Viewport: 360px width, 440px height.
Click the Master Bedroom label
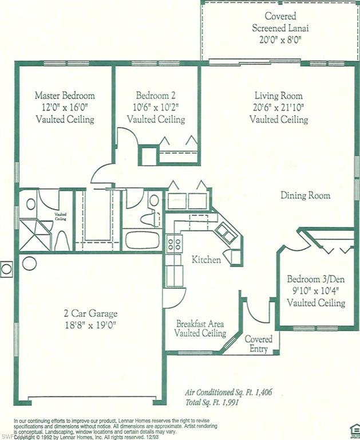click(x=65, y=96)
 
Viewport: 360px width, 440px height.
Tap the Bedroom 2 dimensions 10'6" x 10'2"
click(x=156, y=107)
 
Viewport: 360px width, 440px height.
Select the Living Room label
click(x=279, y=96)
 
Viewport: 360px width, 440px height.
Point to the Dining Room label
click(x=305, y=195)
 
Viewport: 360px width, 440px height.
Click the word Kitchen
click(x=206, y=260)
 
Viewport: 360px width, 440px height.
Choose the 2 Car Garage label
click(x=90, y=313)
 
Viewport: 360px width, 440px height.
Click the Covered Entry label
click(x=259, y=344)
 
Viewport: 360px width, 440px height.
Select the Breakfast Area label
click(x=200, y=323)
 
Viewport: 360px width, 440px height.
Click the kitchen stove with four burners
click(x=173, y=243)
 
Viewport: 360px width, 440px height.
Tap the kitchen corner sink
click(x=224, y=233)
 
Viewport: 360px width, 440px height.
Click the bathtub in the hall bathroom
click(x=142, y=239)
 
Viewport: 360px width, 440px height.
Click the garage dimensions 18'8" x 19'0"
click(x=90, y=325)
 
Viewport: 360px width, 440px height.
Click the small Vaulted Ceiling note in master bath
click(x=61, y=216)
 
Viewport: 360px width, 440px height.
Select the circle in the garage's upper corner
click(x=29, y=263)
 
